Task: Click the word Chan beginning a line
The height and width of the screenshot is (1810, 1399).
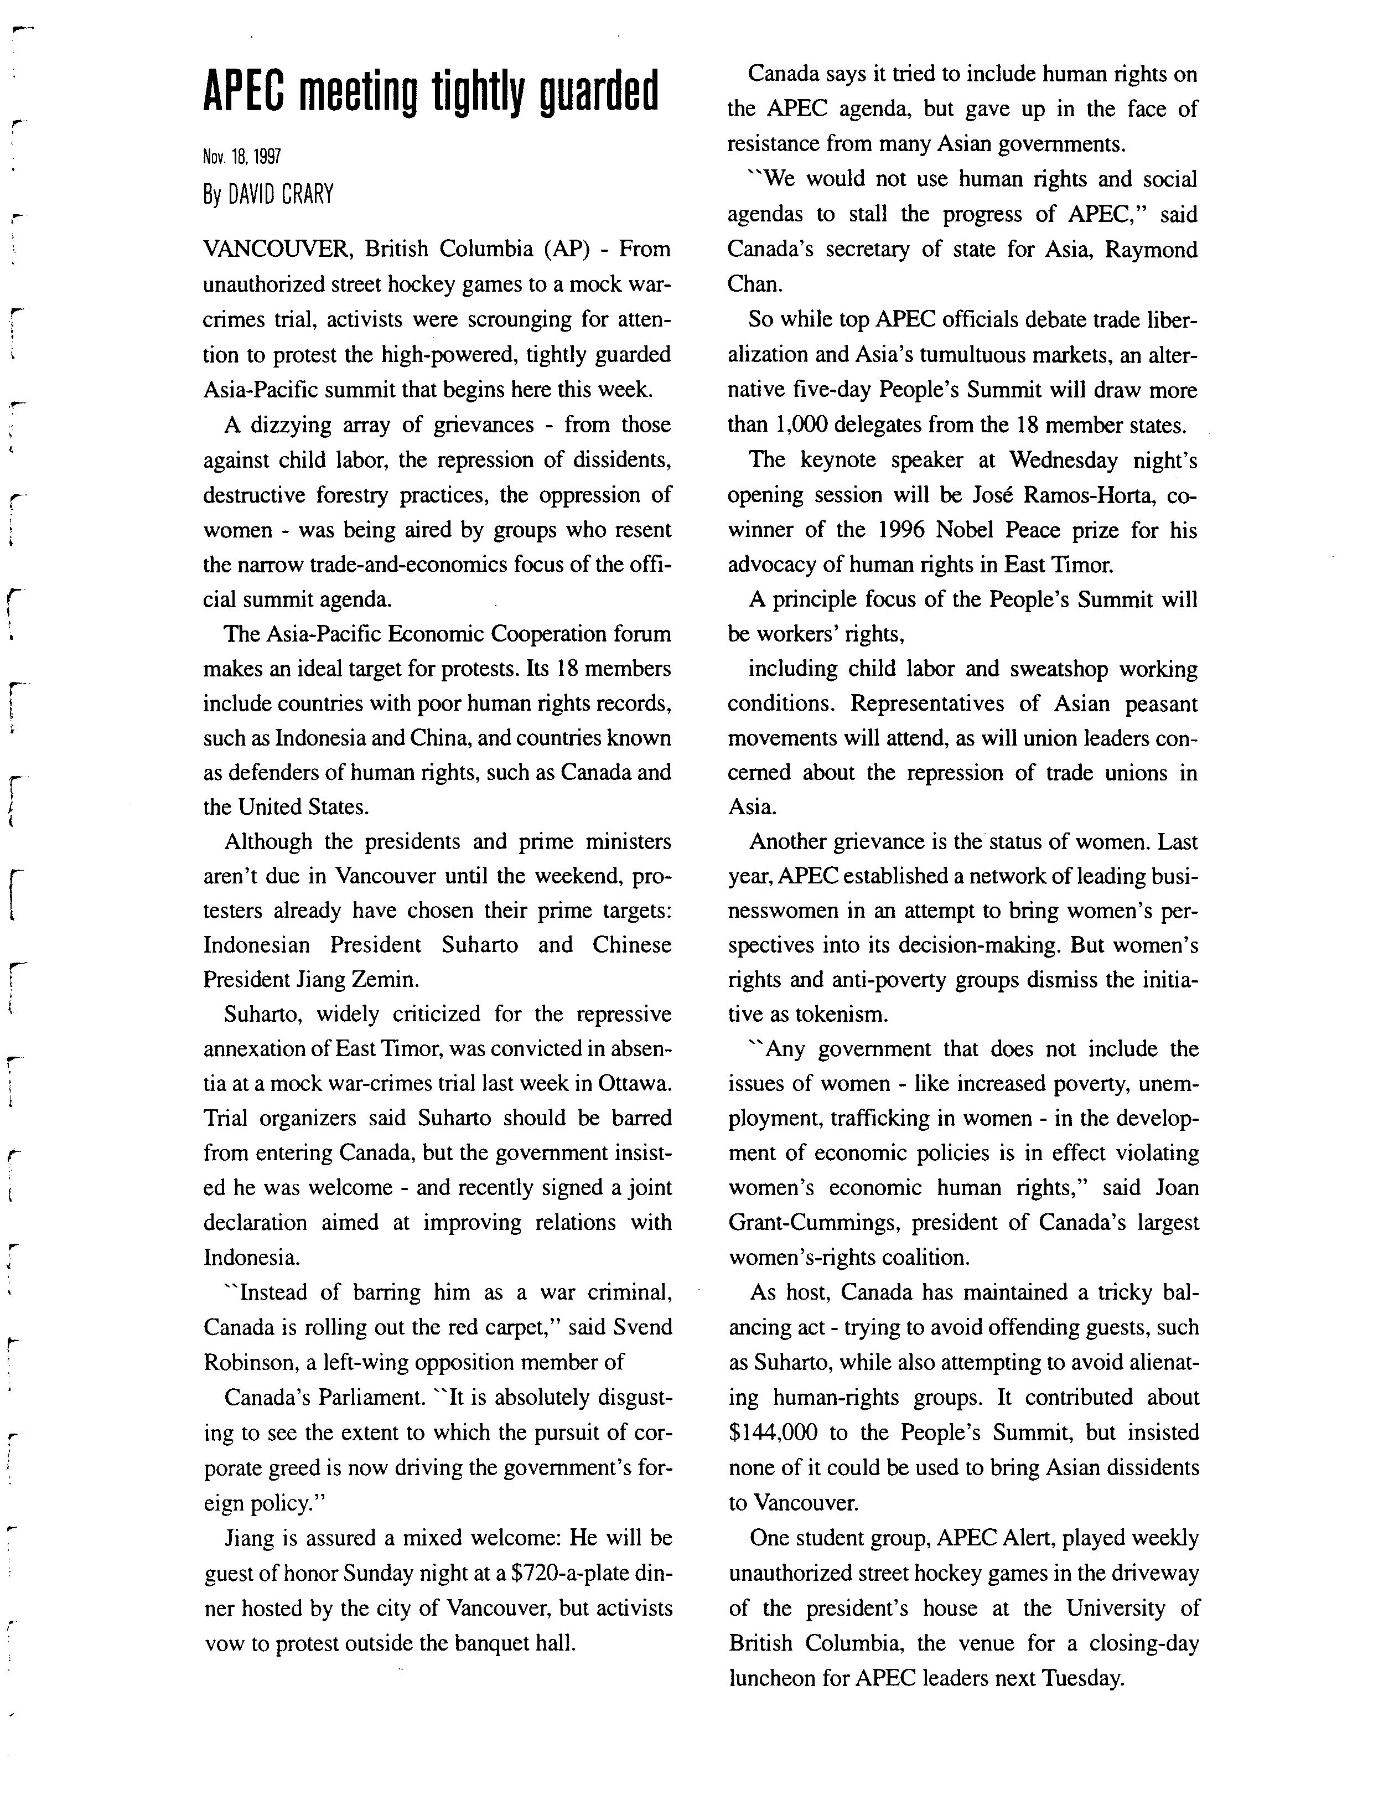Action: point(754,285)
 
